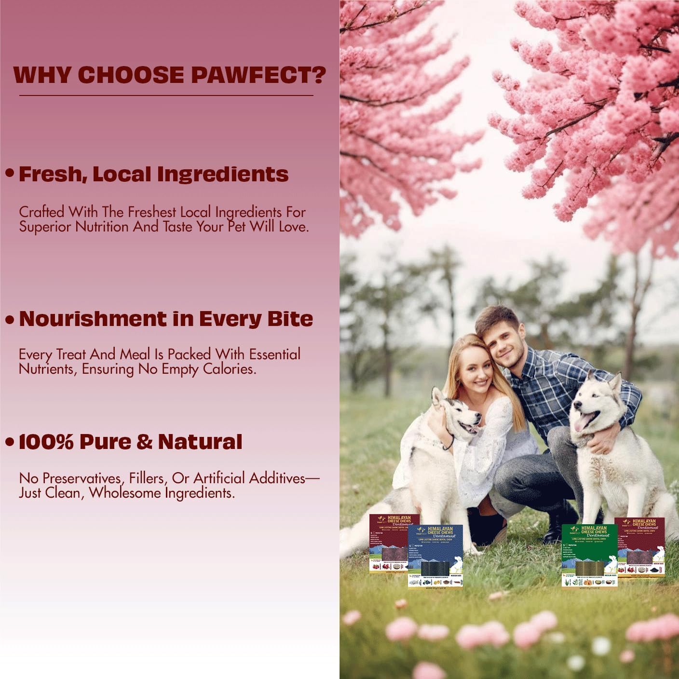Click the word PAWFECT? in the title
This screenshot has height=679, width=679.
click(258, 75)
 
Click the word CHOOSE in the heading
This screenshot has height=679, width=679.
click(131, 75)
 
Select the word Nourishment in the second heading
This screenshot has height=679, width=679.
click(93, 319)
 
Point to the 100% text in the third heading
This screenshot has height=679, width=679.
click(46, 442)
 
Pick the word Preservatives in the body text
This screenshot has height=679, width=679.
click(85, 478)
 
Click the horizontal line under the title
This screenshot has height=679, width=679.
click(166, 95)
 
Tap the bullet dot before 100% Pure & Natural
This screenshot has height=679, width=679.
click(9, 442)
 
